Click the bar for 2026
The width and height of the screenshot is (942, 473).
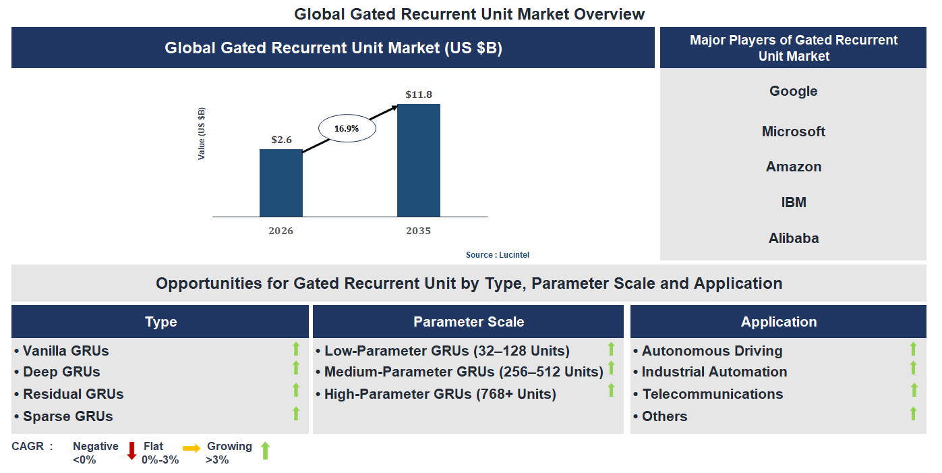(x=281, y=183)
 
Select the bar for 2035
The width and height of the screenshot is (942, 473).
(x=418, y=160)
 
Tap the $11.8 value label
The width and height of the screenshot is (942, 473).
(x=419, y=94)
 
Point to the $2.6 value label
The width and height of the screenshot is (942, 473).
(x=281, y=140)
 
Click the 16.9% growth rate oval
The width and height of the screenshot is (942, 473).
(x=347, y=128)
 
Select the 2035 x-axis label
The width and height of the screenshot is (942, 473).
(x=418, y=231)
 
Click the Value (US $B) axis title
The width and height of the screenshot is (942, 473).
(x=202, y=133)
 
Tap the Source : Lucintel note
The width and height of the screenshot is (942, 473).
(x=502, y=255)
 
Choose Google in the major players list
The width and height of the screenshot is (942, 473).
(x=793, y=91)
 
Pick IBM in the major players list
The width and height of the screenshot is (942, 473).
(x=793, y=202)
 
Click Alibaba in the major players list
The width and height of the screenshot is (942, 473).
(x=793, y=238)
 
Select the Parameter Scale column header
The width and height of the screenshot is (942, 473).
(x=469, y=322)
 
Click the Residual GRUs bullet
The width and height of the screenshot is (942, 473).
(x=73, y=394)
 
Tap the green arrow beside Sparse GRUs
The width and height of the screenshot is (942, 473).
(x=295, y=414)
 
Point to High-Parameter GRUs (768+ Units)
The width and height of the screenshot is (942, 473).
(x=440, y=394)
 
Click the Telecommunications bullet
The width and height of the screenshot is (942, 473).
(x=712, y=394)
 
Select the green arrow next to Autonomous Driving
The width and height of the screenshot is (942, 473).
(x=913, y=349)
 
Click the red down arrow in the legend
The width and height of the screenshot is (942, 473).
(x=132, y=451)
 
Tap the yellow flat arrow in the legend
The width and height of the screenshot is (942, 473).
(x=192, y=448)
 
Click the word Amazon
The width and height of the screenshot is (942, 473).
(x=793, y=167)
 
